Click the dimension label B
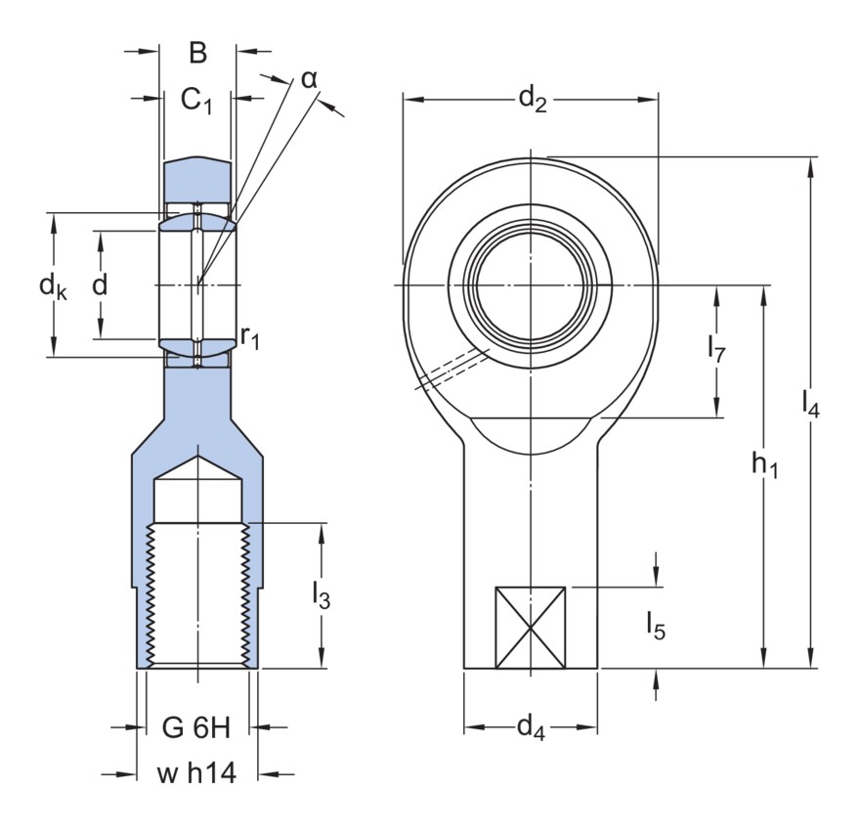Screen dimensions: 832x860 pyautogui.click(x=197, y=53)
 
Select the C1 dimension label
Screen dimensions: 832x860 pyautogui.click(x=197, y=100)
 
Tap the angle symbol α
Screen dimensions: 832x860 pyautogui.click(x=309, y=79)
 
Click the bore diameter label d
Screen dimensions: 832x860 pyautogui.click(x=98, y=285)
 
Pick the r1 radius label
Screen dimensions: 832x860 pyautogui.click(x=250, y=339)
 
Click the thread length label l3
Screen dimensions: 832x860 pyautogui.click(x=321, y=595)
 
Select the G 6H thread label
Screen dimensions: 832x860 pyautogui.click(x=195, y=727)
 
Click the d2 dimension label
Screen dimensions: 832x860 pyautogui.click(x=532, y=98)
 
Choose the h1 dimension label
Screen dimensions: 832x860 pyautogui.click(x=764, y=467)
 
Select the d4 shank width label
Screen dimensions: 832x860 pyautogui.click(x=530, y=727)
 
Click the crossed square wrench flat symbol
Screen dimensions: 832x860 pyautogui.click(x=531, y=628)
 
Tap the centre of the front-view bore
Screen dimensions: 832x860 pyautogui.click(x=531, y=285)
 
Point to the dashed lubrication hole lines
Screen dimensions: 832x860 pyautogui.click(x=451, y=370)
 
